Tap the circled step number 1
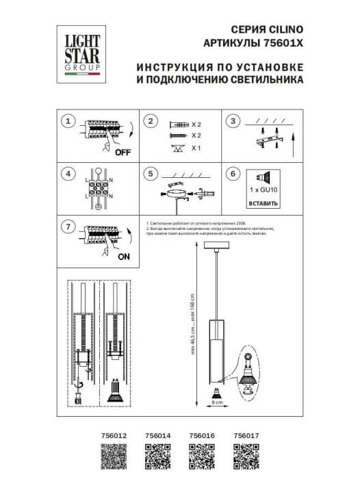click(67, 122)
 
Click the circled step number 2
click(151, 122)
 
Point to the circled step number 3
click(234, 122)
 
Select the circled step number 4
click(67, 174)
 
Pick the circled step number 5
click(151, 174)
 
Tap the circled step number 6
click(234, 174)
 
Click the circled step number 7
click(67, 226)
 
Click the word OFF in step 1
click(123, 152)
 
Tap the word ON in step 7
click(124, 257)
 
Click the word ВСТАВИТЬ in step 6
click(263, 203)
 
